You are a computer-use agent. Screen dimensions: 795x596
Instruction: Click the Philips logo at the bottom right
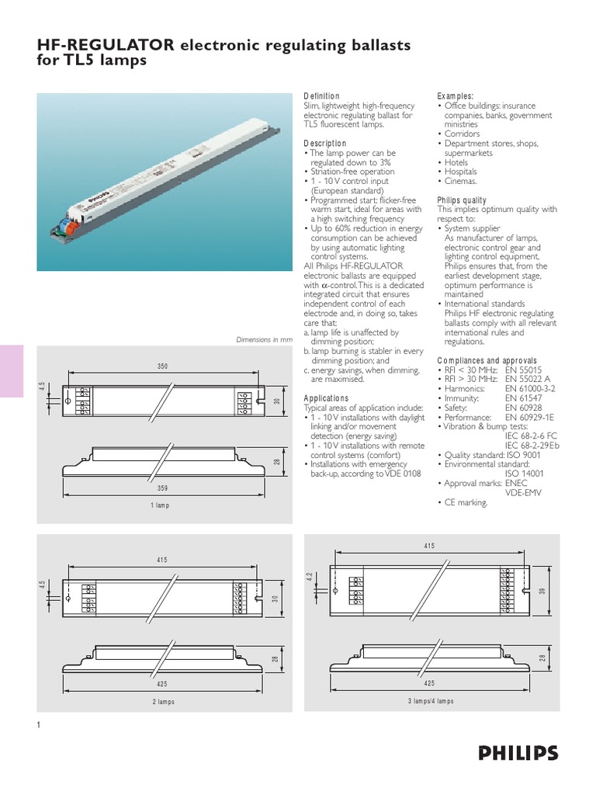point(518,752)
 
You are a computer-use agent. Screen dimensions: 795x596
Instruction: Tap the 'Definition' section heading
point(321,96)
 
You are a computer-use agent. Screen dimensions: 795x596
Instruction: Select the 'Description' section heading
point(324,144)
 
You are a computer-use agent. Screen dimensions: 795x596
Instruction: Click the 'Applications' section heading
point(326,398)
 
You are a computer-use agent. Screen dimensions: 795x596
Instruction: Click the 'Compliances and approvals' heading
point(487,361)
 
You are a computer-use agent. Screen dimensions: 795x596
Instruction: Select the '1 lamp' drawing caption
point(159,505)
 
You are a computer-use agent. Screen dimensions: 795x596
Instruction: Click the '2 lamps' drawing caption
point(163,701)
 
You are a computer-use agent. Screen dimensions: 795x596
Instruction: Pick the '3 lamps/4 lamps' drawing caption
point(430,701)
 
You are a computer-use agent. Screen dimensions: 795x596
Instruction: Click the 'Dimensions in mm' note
point(264,340)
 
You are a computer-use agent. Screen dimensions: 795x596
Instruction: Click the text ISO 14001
point(527,473)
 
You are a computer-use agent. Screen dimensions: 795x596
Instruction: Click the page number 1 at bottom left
point(38,725)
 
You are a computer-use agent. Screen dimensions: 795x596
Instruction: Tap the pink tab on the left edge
point(12,372)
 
